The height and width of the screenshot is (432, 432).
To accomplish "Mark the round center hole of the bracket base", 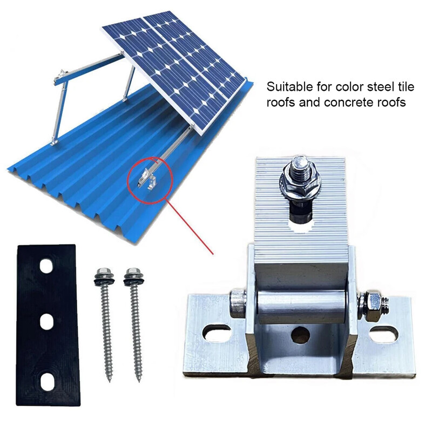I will point(300,335).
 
